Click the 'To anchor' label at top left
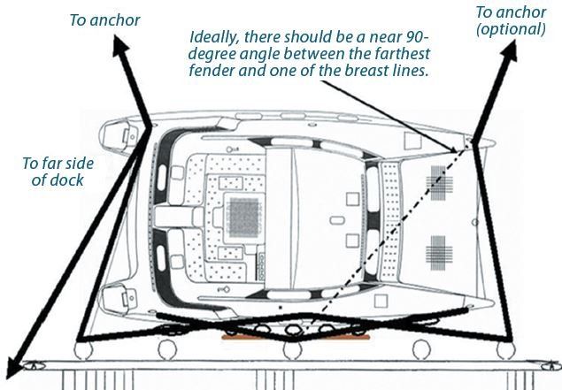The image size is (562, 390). pyautogui.click(x=104, y=20)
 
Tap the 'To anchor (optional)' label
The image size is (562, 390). pyautogui.click(x=511, y=20)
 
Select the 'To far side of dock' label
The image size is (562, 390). pyautogui.click(x=58, y=172)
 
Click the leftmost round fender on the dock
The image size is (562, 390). pyautogui.click(x=83, y=350)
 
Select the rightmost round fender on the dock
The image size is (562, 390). pyautogui.click(x=505, y=350)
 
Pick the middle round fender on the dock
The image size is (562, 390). pyautogui.click(x=292, y=350)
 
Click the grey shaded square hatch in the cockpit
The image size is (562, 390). pyautogui.click(x=244, y=218)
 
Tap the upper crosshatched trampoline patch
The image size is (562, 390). pyautogui.click(x=439, y=183)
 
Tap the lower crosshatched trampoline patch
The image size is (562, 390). pyautogui.click(x=439, y=253)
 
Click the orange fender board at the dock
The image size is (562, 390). pyautogui.click(x=296, y=337)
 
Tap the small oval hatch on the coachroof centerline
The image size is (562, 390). pyautogui.click(x=337, y=220)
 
